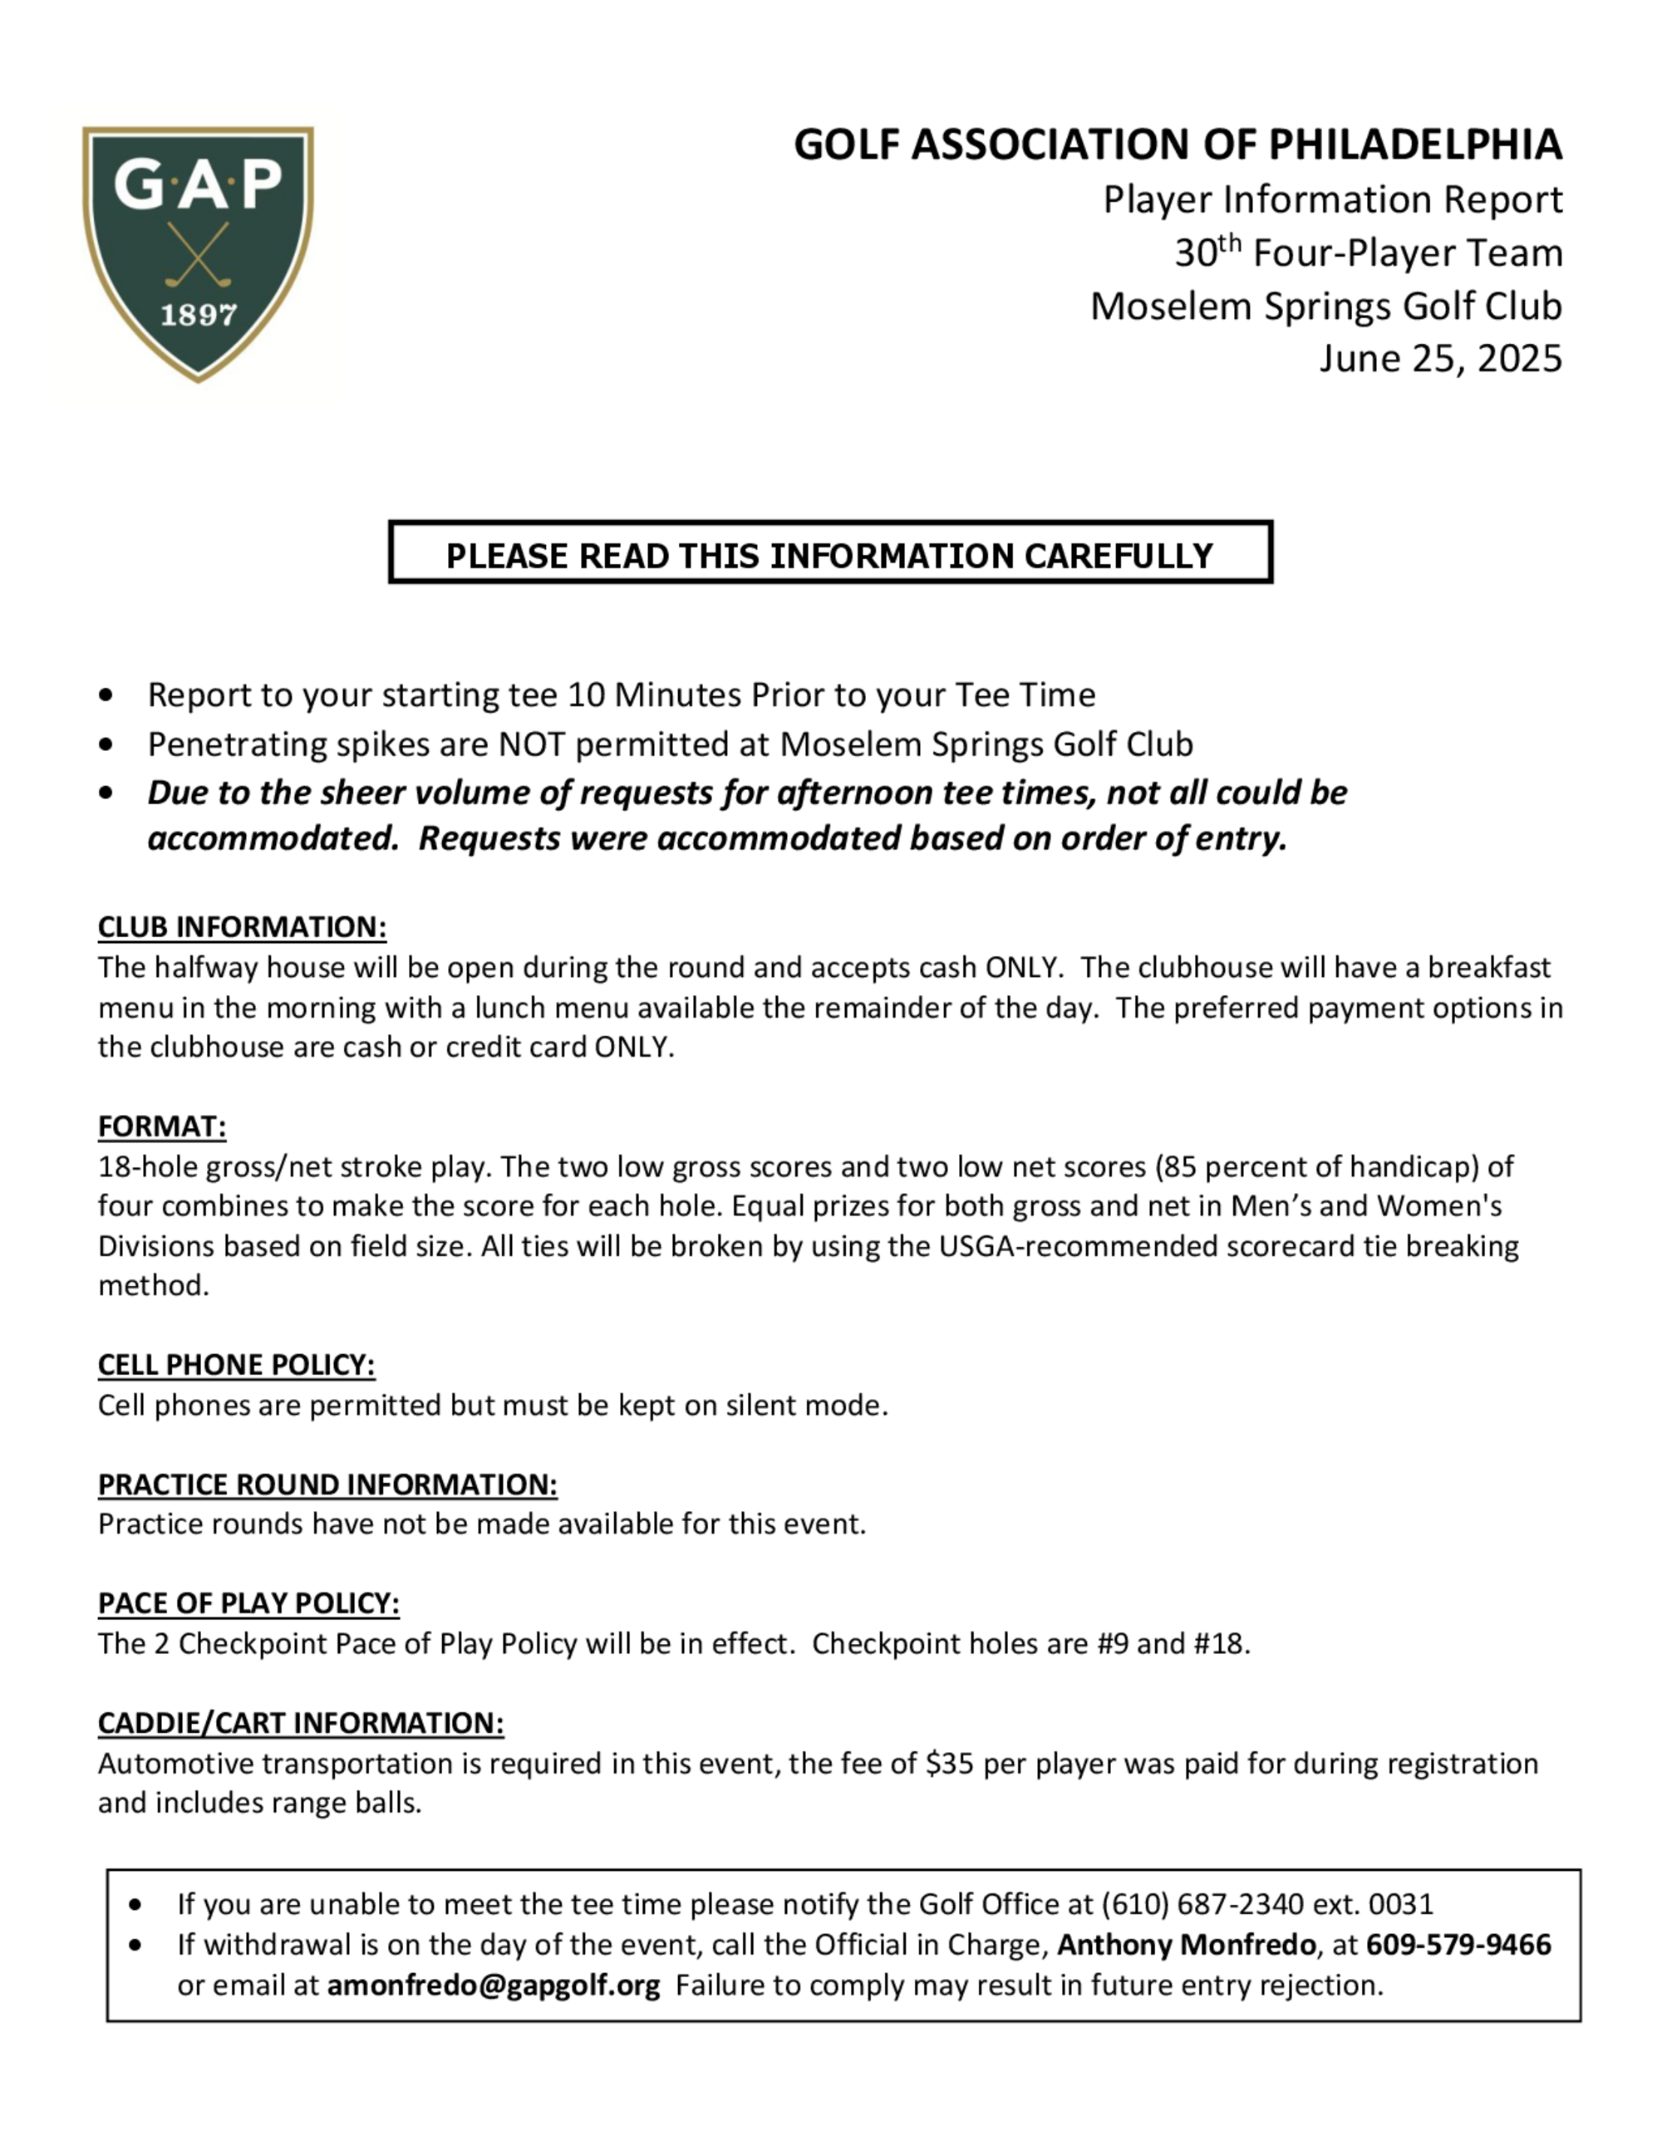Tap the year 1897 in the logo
(198, 315)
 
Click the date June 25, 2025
(1439, 358)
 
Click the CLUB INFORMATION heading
(241, 927)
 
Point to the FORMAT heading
(161, 1127)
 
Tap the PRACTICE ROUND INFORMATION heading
(327, 1484)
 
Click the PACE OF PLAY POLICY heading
(248, 1603)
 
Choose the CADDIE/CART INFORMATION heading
(300, 1723)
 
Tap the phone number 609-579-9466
(1458, 1946)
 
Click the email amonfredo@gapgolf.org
(494, 1986)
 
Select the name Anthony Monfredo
(1186, 1946)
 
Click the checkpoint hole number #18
(1219, 1644)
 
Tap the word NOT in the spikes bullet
(533, 744)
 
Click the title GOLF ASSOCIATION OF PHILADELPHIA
(1178, 145)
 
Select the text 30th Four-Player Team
(1368, 253)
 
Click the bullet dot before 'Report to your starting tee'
(106, 696)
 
